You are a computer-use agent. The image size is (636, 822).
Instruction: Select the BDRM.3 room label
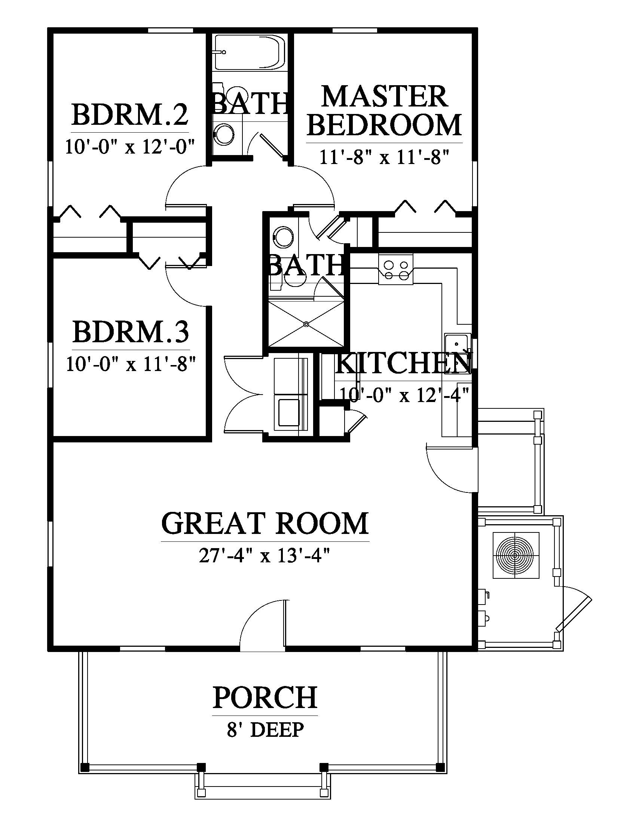(131, 331)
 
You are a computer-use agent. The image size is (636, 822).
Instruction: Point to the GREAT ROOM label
(265, 523)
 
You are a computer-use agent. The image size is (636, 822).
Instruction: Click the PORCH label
(265, 697)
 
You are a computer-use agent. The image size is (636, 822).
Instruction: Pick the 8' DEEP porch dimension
(265, 730)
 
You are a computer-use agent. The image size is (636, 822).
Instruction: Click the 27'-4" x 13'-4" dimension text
(265, 556)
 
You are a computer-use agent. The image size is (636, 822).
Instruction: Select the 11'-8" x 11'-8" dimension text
(385, 156)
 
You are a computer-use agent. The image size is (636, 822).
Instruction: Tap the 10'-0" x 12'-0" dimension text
(130, 146)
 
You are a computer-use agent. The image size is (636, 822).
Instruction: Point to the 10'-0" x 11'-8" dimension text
(131, 364)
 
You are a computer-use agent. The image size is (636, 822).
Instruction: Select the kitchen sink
(457, 354)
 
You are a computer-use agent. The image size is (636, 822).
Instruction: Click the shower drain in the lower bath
(306, 323)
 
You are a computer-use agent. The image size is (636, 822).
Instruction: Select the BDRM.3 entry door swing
(187, 286)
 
